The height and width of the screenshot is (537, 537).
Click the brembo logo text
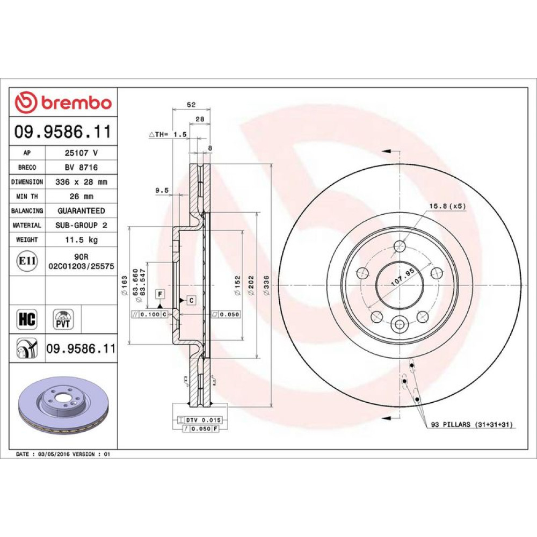77,103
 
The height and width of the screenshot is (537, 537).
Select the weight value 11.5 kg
82,240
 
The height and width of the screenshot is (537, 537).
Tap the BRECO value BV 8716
81,167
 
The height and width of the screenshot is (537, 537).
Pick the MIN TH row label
27,196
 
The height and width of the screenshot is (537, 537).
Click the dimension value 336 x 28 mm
81,182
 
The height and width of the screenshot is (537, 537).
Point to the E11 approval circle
27,261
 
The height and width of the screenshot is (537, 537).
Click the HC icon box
27,319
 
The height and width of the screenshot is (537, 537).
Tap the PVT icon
63,319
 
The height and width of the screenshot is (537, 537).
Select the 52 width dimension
191,105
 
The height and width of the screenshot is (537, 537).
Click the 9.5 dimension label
162,190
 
